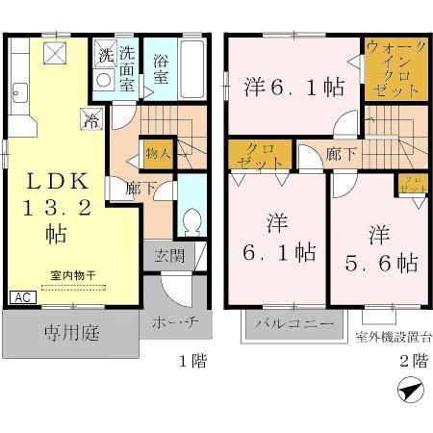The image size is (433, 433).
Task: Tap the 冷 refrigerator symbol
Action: (x=89, y=121)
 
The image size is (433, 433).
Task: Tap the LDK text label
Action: (x=57, y=180)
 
